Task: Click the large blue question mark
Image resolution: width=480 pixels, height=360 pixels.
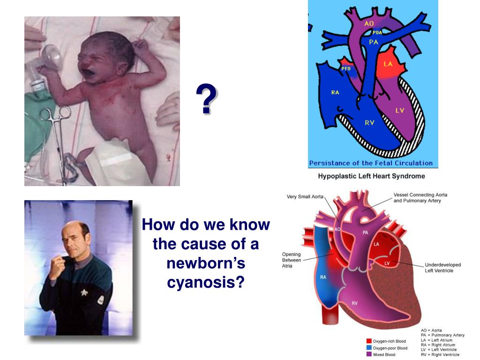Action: [x=207, y=99]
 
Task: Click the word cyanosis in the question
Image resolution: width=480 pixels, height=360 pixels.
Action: [x=206, y=282]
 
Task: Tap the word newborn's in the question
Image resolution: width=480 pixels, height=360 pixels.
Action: [x=206, y=263]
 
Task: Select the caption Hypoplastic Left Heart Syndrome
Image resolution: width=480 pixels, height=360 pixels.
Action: [x=372, y=176]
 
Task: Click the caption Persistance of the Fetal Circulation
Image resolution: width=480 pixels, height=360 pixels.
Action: [x=370, y=163]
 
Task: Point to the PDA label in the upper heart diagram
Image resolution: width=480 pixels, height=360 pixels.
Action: [x=377, y=33]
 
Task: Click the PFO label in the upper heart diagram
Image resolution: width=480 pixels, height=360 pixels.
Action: [x=346, y=69]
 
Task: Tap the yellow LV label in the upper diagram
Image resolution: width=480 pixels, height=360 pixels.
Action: [x=399, y=111]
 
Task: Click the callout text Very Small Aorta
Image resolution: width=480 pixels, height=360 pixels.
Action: [x=305, y=196]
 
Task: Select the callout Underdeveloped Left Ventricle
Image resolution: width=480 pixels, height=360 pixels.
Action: [x=442, y=268]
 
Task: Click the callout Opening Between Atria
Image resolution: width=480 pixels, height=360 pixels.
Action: [x=291, y=260]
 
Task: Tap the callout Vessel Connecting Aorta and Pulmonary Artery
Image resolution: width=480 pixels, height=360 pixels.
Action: [x=420, y=197]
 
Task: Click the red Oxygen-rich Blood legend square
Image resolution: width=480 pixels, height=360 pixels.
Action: [x=368, y=341]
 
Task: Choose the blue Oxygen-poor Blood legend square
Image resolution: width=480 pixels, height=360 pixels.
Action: [x=368, y=348]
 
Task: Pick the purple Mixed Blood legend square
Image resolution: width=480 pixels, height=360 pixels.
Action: [x=368, y=354]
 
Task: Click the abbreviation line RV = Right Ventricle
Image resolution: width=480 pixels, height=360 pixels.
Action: [x=438, y=355]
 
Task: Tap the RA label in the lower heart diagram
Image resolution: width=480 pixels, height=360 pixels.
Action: [x=323, y=277]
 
